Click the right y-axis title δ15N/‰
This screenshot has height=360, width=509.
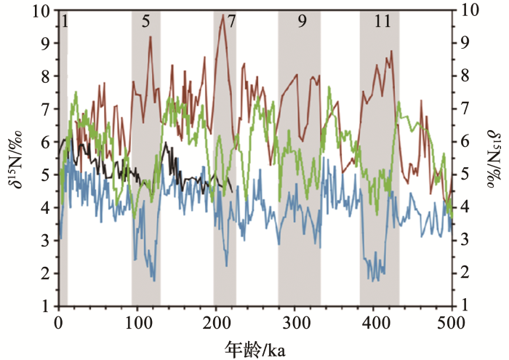click(x=496, y=160)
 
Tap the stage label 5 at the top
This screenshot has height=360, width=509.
click(x=146, y=21)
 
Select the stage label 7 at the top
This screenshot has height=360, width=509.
click(x=231, y=21)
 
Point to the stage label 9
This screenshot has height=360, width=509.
click(x=302, y=21)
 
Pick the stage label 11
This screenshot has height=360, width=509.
click(x=382, y=21)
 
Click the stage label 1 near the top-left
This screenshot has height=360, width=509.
click(x=64, y=21)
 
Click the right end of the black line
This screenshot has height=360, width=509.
click(x=231, y=191)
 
